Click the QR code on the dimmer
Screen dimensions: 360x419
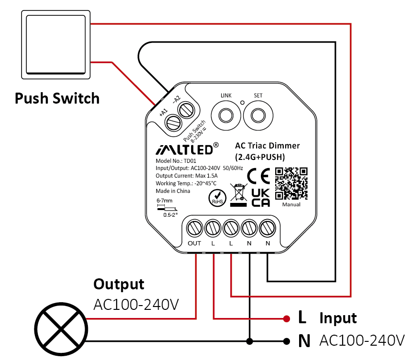pyautogui.click(x=291, y=183)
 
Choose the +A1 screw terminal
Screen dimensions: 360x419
pyautogui.click(x=172, y=123)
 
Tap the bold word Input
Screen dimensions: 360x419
pyautogui.click(x=338, y=318)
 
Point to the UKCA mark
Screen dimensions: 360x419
pyautogui.click(x=261, y=198)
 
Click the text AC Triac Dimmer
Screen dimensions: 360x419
pyautogui.click(x=267, y=146)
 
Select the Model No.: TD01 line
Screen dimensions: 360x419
pyautogui.click(x=176, y=161)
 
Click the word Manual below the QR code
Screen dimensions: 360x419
pyautogui.click(x=291, y=205)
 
